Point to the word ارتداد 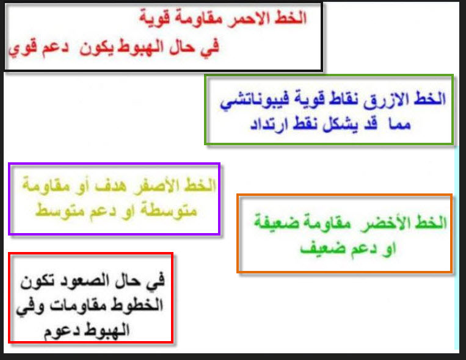[269, 124]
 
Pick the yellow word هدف [111, 187]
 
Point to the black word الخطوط [137, 304]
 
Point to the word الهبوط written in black [107, 329]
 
